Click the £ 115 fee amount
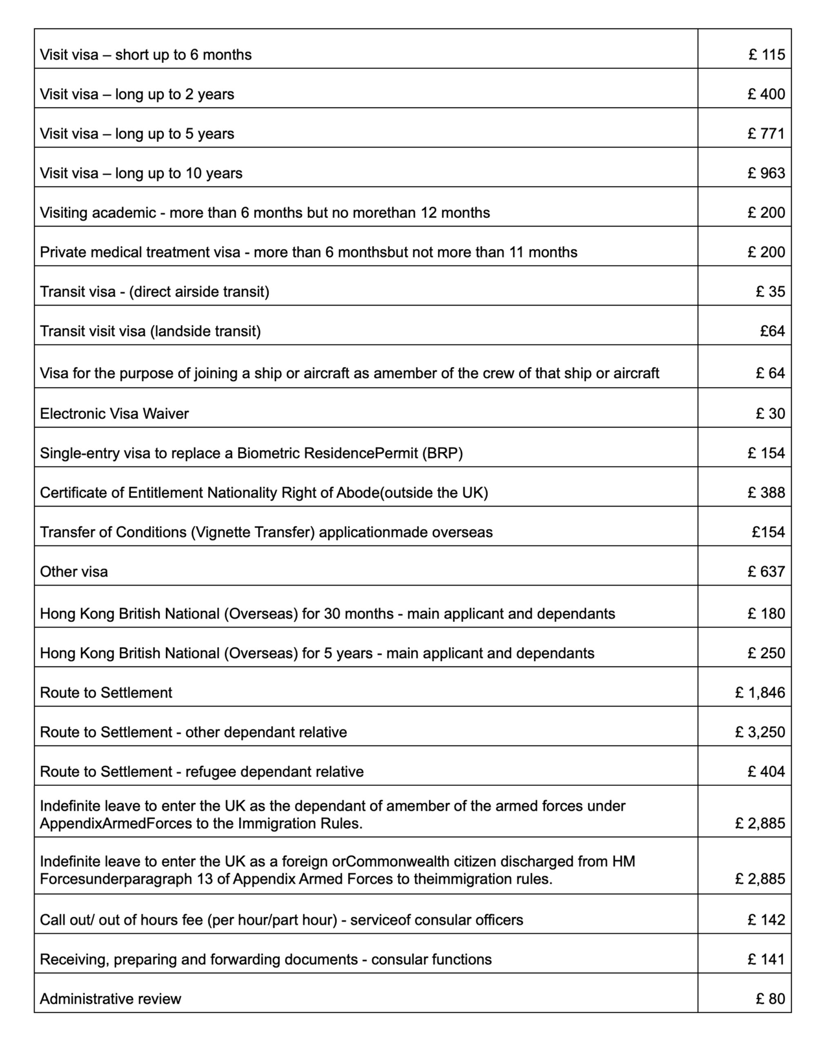point(766,54)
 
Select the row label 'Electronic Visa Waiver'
point(114,413)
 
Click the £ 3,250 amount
point(760,732)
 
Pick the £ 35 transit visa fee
point(770,292)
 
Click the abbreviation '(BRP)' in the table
point(442,453)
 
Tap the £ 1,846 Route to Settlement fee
point(760,692)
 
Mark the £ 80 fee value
point(770,999)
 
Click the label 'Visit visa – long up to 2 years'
point(137,94)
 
